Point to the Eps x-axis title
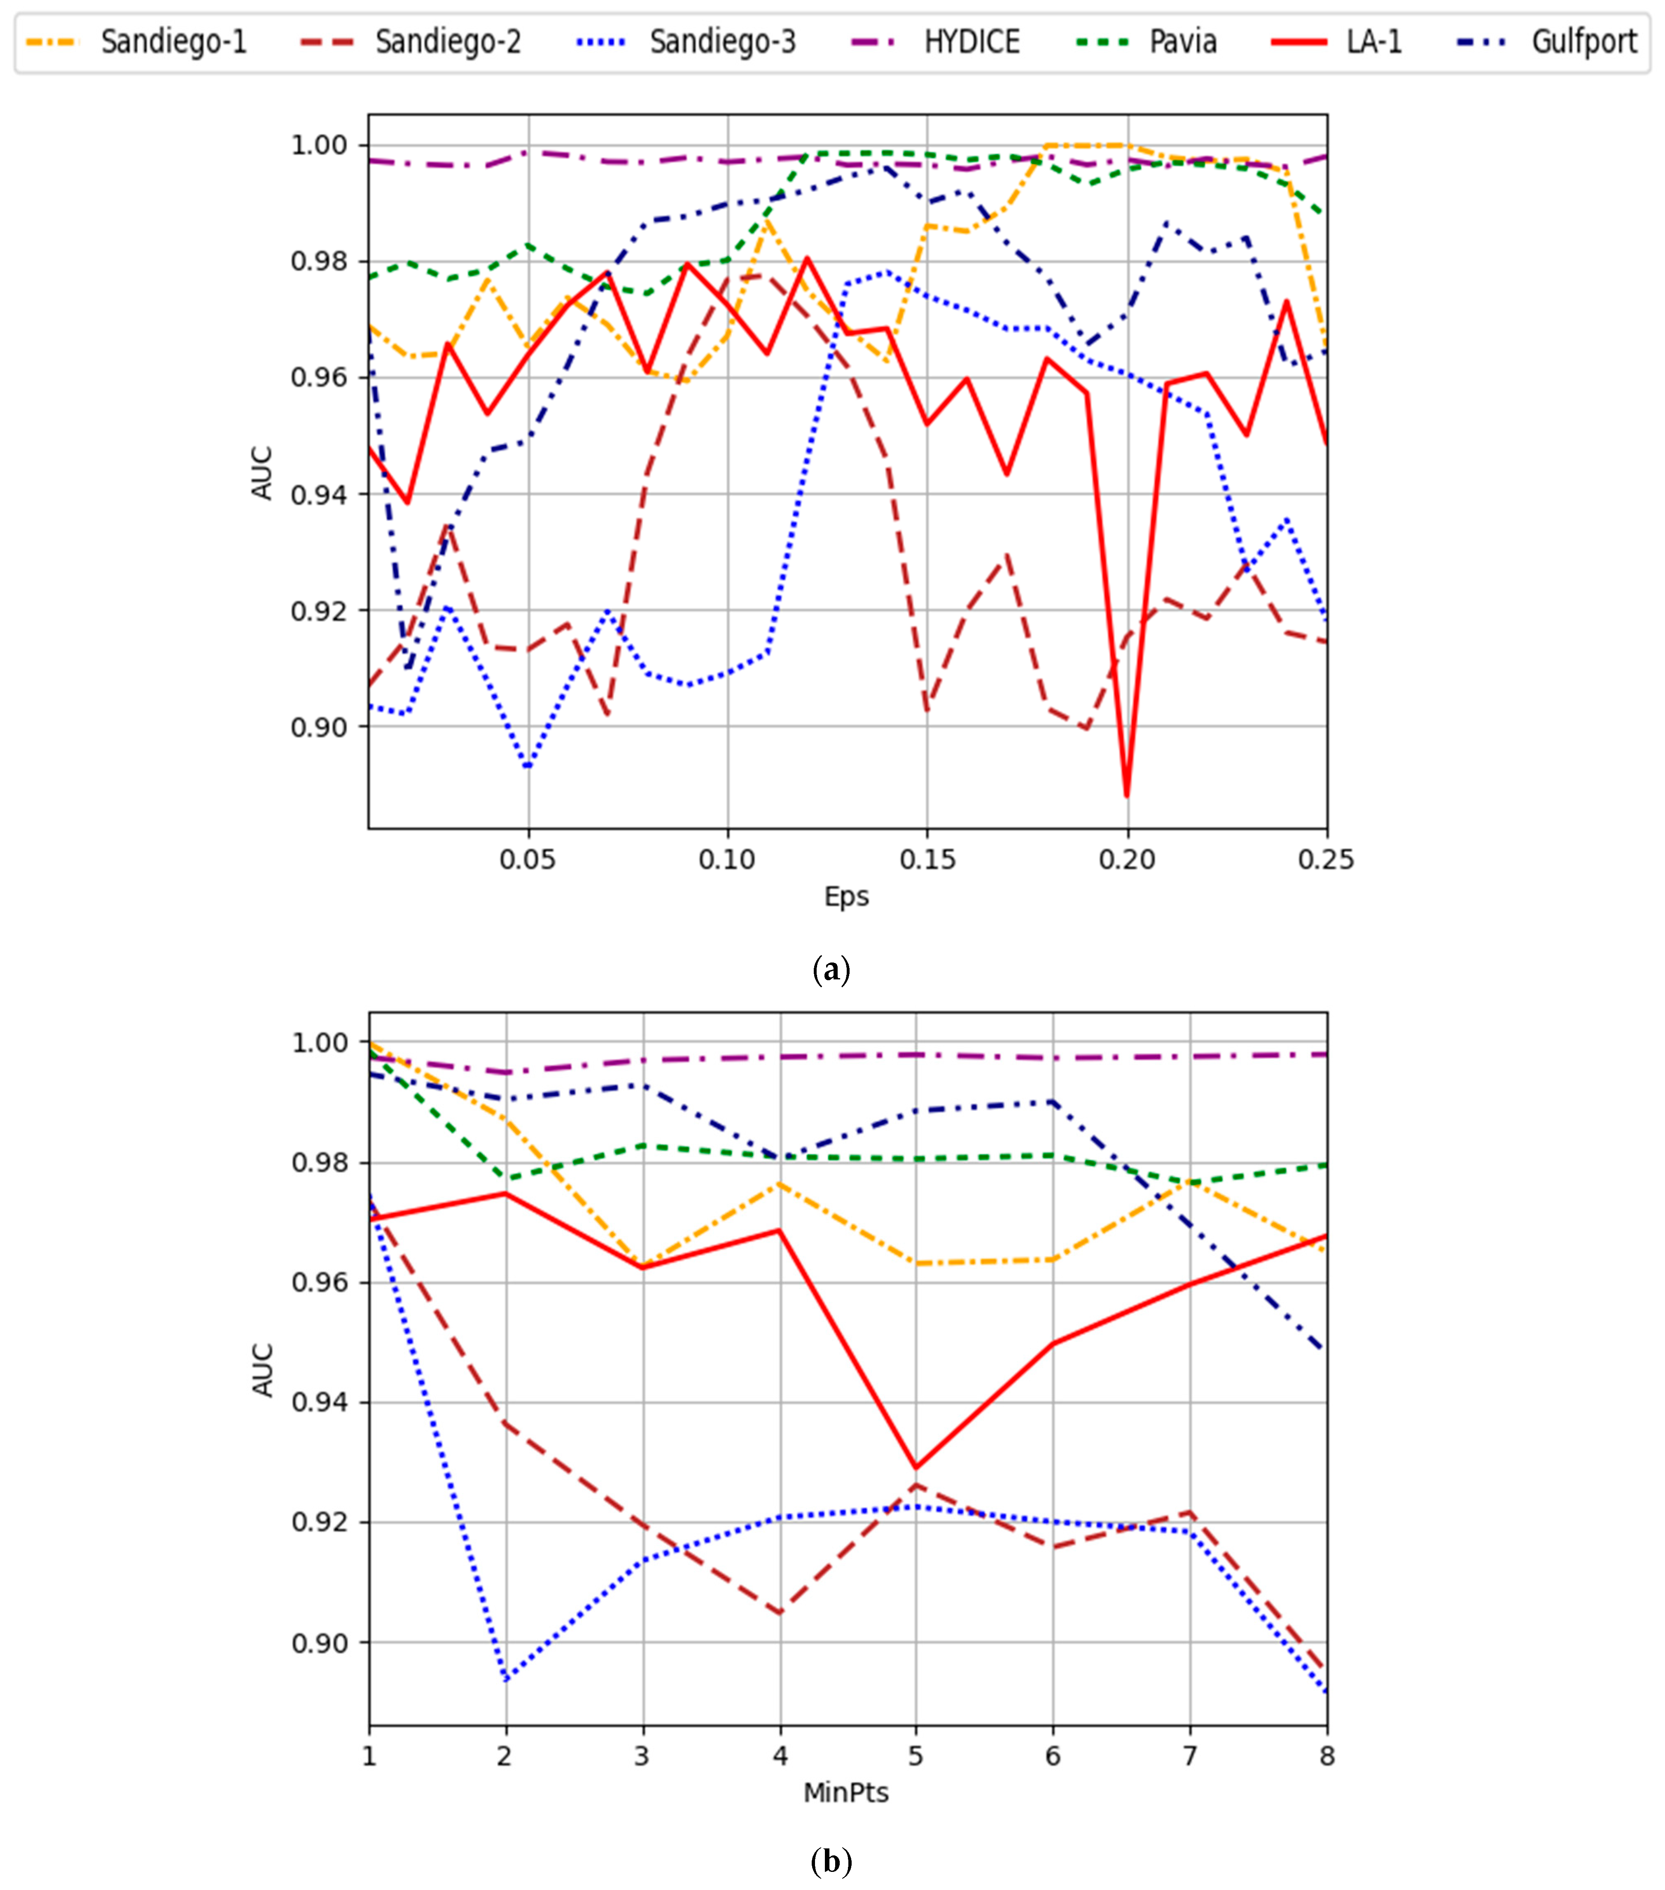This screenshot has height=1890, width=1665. coord(846,896)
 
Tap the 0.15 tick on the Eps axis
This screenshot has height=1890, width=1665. coord(927,860)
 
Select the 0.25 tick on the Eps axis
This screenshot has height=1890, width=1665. coord(1326,860)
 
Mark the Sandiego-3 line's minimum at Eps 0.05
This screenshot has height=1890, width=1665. coord(528,767)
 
